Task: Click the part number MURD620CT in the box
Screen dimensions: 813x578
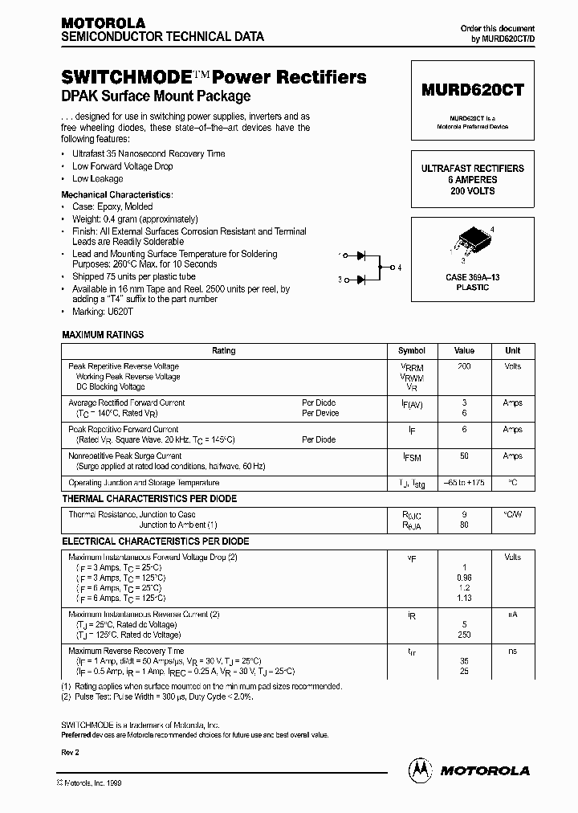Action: tap(472, 91)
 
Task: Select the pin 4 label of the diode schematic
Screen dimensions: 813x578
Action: tap(399, 267)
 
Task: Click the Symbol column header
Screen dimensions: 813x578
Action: tap(411, 350)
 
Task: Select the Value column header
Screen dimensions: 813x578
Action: tap(464, 350)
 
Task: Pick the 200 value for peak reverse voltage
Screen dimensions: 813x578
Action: tap(464, 366)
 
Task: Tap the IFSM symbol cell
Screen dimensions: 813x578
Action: tap(411, 456)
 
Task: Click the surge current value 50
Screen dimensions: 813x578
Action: tap(464, 456)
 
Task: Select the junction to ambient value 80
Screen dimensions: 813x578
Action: tap(464, 525)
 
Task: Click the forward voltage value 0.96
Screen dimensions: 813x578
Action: tap(464, 578)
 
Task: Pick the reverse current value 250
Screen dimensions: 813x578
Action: tap(464, 635)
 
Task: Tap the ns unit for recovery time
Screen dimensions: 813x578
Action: tap(512, 651)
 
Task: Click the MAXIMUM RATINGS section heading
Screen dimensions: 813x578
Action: tap(104, 334)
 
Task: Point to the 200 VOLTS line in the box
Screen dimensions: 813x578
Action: tap(472, 191)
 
